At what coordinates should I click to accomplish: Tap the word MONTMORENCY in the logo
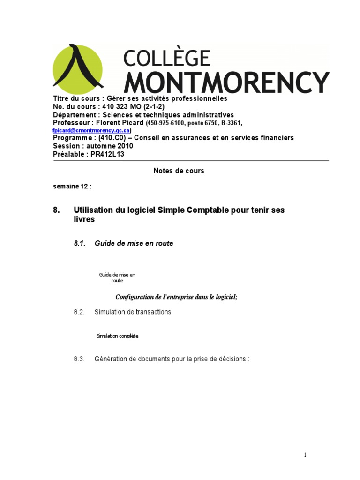coord(226,82)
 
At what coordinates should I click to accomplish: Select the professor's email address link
coord(91,130)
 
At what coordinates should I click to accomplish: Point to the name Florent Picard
coord(121,123)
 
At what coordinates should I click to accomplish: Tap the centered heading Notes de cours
coord(179,171)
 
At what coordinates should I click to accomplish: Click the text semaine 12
coord(72,186)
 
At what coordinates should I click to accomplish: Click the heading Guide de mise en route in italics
coord(134,243)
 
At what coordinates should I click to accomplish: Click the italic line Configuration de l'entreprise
coord(176,297)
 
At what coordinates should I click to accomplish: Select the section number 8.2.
coord(79,312)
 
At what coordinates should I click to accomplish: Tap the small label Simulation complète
coord(117,336)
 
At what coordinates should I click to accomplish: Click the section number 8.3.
coord(79,359)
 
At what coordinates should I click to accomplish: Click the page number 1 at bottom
coord(305,454)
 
